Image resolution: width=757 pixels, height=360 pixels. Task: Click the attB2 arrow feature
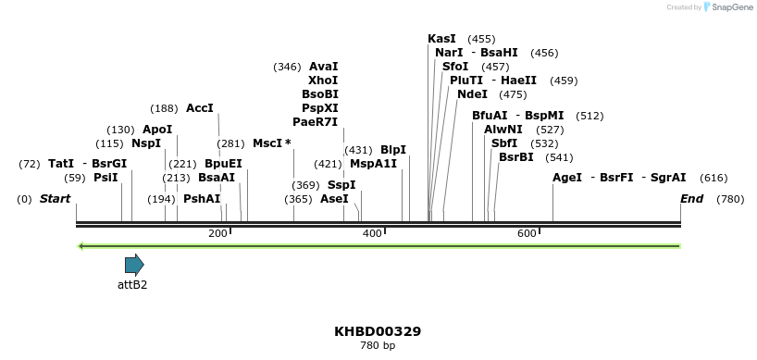pyautogui.click(x=134, y=265)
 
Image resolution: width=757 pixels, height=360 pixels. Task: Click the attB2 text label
pyautogui.click(x=132, y=285)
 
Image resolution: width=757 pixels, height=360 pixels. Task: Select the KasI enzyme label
pyautogui.click(x=441, y=39)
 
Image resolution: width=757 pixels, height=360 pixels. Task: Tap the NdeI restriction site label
pyautogui.click(x=472, y=94)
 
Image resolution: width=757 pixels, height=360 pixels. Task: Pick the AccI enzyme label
pyautogui.click(x=200, y=108)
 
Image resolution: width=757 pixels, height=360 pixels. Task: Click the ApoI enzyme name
pyautogui.click(x=157, y=130)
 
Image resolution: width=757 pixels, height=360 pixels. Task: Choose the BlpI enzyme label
pyautogui.click(x=393, y=150)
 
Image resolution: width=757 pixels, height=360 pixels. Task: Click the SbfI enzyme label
pyautogui.click(x=504, y=143)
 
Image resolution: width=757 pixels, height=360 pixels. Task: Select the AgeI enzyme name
pyautogui.click(x=567, y=178)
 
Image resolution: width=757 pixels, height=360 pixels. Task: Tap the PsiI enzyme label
pyautogui.click(x=105, y=178)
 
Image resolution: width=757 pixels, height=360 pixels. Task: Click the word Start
pyautogui.click(x=55, y=199)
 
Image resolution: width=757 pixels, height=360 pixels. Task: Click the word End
pyautogui.click(x=691, y=199)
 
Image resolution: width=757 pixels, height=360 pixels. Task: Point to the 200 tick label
pyautogui.click(x=217, y=234)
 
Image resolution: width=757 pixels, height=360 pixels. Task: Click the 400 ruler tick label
pyautogui.click(x=372, y=234)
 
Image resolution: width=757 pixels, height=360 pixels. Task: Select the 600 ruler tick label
pyautogui.click(x=527, y=234)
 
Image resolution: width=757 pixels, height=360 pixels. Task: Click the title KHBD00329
pyautogui.click(x=378, y=331)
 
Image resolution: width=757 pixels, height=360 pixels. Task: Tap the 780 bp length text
pyautogui.click(x=378, y=346)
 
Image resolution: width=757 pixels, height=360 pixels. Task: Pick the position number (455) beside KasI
pyautogui.click(x=481, y=39)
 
